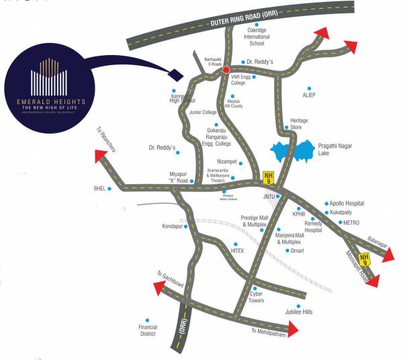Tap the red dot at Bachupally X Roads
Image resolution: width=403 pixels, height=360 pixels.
pos(226,69)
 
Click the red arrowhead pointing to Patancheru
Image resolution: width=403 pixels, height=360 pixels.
pos(103,156)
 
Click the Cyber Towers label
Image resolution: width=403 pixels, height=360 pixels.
pos(257,297)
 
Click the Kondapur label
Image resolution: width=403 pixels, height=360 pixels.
pos(173,226)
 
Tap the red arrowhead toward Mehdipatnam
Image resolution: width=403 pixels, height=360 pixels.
pos(294,327)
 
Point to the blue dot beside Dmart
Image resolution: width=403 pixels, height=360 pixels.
pos(286,251)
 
